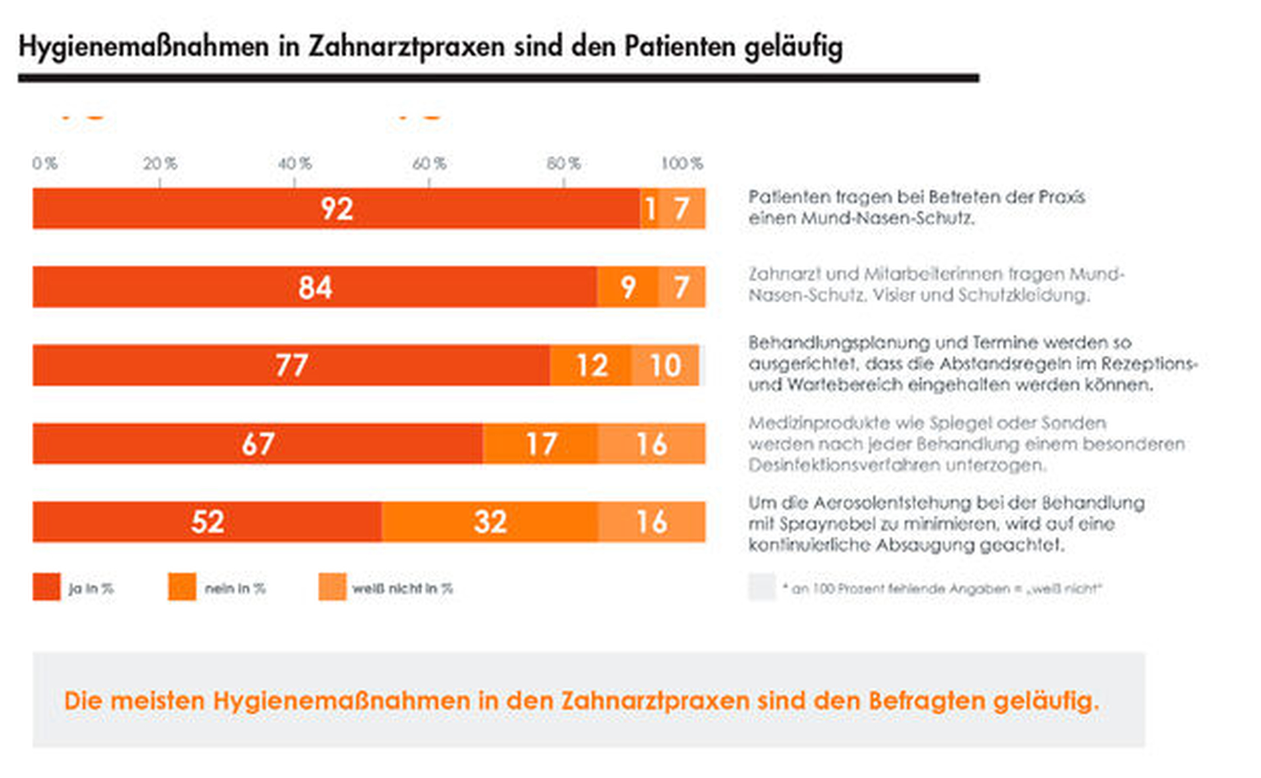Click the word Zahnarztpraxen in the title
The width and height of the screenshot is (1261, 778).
click(406, 47)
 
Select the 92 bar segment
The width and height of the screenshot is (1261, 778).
click(336, 208)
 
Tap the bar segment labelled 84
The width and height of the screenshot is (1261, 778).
click(315, 287)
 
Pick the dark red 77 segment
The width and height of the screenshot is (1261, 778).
click(291, 365)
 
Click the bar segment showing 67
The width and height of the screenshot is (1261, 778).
click(258, 443)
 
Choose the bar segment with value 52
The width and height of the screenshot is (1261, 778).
click(207, 522)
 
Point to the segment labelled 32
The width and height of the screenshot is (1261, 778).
click(490, 522)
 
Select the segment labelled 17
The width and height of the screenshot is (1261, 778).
click(540, 443)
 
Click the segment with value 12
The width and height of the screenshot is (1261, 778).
click(591, 365)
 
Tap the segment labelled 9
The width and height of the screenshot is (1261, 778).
click(627, 287)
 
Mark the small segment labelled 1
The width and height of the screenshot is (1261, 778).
click(650, 208)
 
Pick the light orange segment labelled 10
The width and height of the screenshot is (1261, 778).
click(665, 365)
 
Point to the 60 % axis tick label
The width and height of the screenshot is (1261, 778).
click(429, 163)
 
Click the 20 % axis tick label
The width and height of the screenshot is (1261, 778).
click(160, 163)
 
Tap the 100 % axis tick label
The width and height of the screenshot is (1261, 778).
click(682, 163)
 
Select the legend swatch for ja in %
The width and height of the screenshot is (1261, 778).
click(46, 587)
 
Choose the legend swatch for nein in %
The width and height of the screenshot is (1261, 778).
click(182, 587)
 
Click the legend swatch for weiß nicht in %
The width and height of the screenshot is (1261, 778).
click(332, 587)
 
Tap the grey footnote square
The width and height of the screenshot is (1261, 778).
click(762, 587)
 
